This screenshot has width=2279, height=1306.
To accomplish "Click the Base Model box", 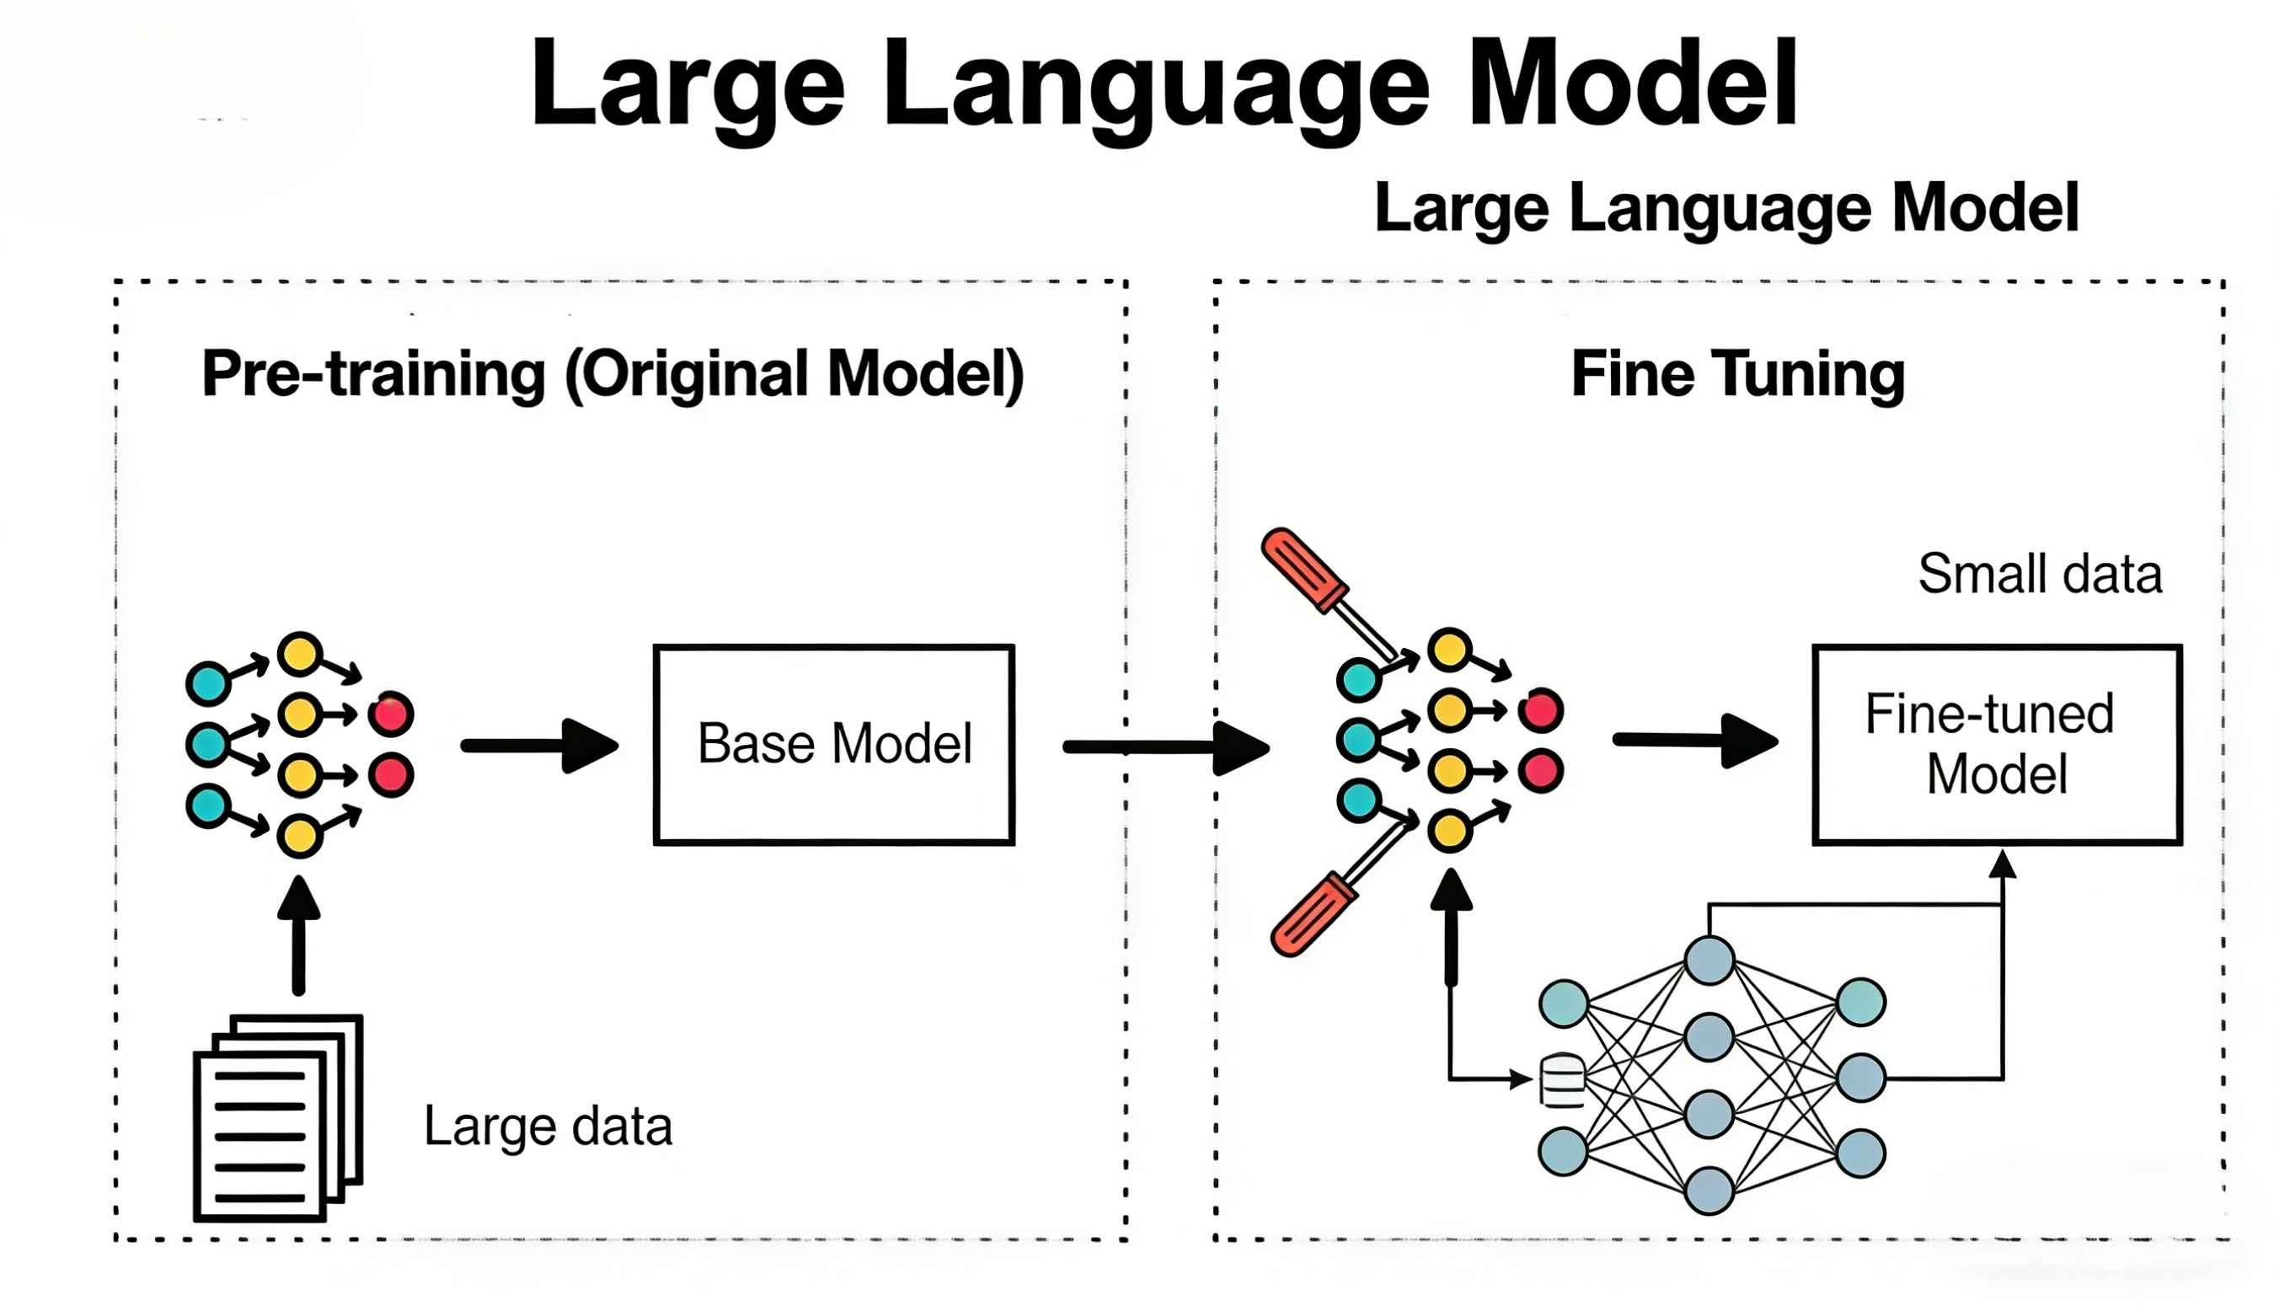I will pyautogui.click(x=833, y=745).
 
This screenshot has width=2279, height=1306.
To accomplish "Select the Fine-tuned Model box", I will pyautogui.click(x=1997, y=745).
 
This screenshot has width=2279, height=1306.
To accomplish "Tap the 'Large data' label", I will pyautogui.click(x=547, y=1126).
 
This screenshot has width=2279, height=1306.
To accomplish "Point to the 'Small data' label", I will pyautogui.click(x=2040, y=574).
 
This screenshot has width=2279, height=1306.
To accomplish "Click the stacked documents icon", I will pyautogui.click(x=278, y=1116).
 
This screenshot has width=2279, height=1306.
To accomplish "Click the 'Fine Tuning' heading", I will pyautogui.click(x=1737, y=374).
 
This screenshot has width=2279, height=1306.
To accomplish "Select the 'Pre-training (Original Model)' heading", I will pyautogui.click(x=613, y=374).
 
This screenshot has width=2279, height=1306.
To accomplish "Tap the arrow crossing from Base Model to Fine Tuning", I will pyautogui.click(x=1166, y=747).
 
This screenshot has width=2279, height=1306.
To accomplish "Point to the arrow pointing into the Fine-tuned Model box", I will pyautogui.click(x=1695, y=741).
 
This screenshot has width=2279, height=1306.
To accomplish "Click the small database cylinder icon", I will pyautogui.click(x=1562, y=1081).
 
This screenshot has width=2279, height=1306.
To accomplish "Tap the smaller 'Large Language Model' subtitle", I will pyautogui.click(x=1726, y=208).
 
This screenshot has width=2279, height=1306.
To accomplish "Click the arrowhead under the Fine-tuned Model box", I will pyautogui.click(x=2002, y=865).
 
